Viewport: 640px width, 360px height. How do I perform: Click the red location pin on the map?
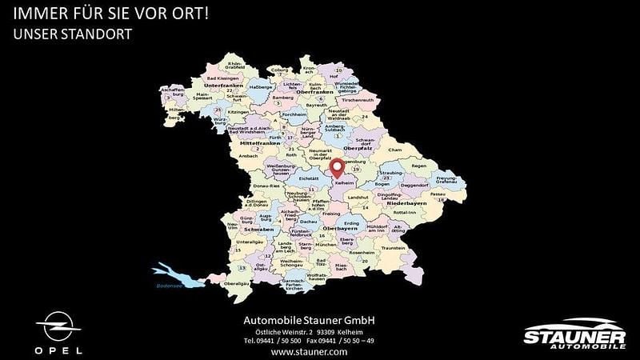coord(338,168)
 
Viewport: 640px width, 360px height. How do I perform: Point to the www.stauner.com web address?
coord(310,351)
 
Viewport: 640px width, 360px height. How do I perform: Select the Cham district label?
coord(394,150)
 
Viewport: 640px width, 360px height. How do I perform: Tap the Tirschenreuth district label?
coord(357,99)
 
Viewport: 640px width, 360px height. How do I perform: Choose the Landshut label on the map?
coord(357,198)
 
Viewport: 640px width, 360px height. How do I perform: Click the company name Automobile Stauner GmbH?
coord(309,320)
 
